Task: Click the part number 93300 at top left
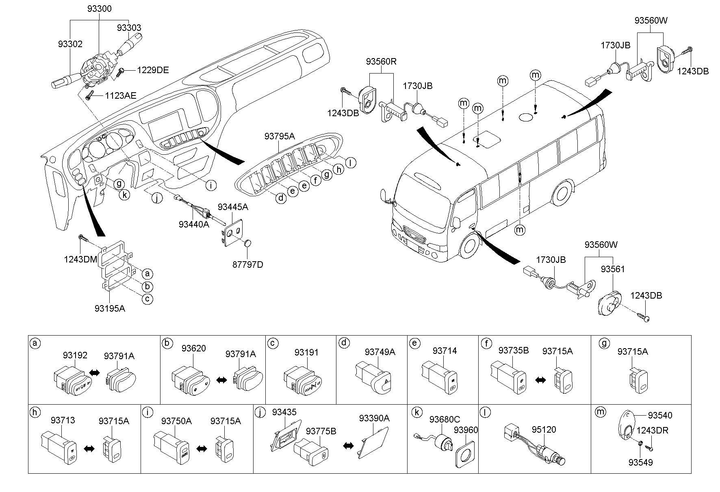pos(99,9)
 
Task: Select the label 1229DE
pos(152,70)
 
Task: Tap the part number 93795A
pos(279,137)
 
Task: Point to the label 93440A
pos(193,224)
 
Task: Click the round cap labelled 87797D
pos(247,243)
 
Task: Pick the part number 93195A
pos(110,308)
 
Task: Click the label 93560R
pos(381,62)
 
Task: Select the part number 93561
pos(613,269)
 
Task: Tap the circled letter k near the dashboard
pos(125,195)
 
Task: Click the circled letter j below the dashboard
pos(156,198)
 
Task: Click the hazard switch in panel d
pos(374,377)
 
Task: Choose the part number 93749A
pos(380,352)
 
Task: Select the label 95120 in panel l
pos(544,429)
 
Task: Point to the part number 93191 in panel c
pos(306,353)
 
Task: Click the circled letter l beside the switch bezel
pos(350,163)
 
